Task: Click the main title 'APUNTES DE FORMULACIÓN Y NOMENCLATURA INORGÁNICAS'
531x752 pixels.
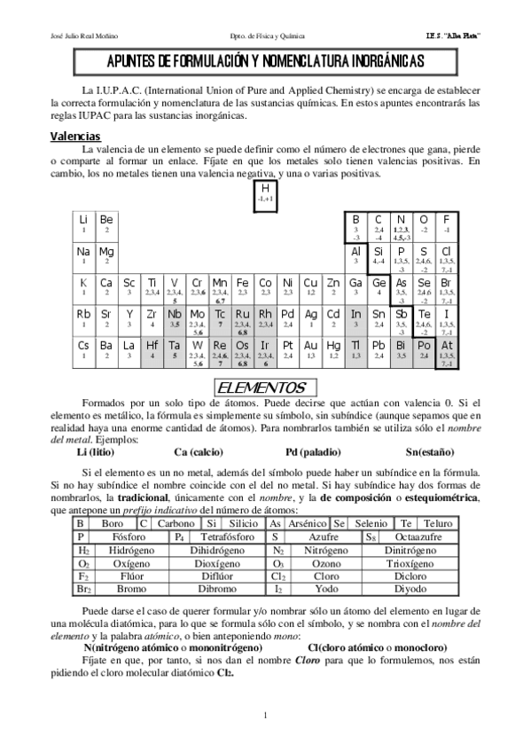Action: coord(265,61)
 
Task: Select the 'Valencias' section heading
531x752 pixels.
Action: coord(75,137)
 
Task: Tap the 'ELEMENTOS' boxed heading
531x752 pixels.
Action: coord(262,388)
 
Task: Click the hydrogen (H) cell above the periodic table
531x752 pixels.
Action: coord(265,194)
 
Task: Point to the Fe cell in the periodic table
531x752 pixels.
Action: coord(242,287)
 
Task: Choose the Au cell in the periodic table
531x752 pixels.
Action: coord(310,350)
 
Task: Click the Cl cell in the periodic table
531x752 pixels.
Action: coord(447,256)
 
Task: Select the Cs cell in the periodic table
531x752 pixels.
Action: coord(83,350)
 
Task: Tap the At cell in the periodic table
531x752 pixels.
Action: coord(447,350)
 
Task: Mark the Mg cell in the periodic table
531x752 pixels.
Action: coord(106,256)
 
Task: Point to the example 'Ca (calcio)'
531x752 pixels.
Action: coord(199,452)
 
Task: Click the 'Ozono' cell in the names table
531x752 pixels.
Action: coord(326,563)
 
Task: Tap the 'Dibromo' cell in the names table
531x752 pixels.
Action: coord(216,589)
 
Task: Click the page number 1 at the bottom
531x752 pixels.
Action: coord(265,715)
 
